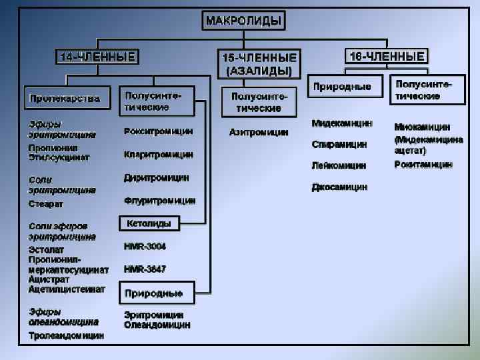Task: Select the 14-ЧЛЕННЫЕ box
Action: point(97,57)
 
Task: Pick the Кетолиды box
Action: point(148,224)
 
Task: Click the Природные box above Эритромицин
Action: point(155,293)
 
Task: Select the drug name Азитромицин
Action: point(259,132)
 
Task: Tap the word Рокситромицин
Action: point(159,131)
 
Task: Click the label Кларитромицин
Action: point(159,155)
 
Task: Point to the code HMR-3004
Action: point(145,247)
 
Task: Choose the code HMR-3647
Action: point(145,269)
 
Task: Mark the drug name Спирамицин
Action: point(339,143)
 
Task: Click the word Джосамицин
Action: point(339,187)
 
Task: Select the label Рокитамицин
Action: point(423,164)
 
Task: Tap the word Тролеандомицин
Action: point(66,336)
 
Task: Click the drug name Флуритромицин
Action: point(160,200)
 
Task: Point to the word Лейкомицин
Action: point(339,165)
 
